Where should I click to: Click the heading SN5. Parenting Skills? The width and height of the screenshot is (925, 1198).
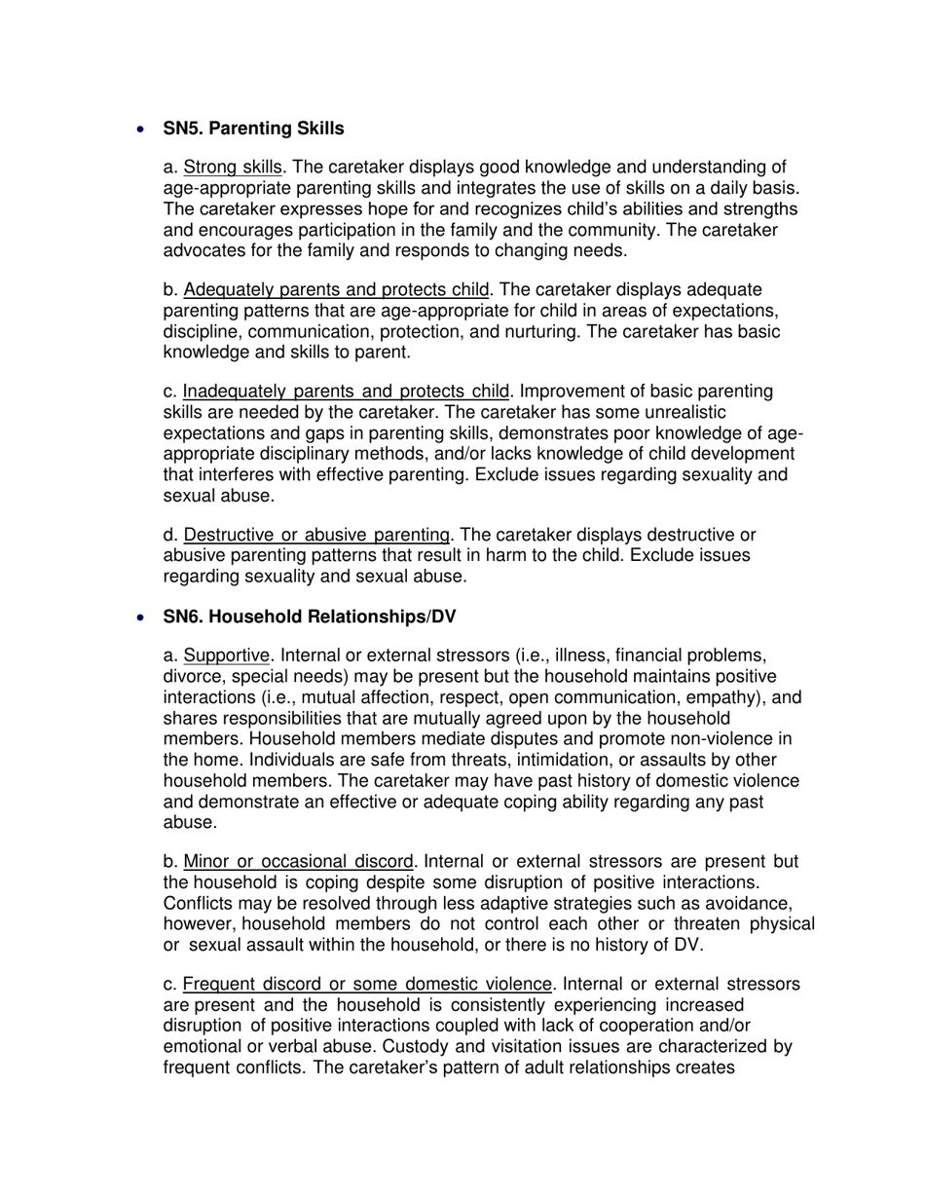point(253,129)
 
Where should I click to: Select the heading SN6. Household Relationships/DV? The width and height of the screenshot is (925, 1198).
point(309,618)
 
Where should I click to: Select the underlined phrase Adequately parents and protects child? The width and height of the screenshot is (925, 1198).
point(337,289)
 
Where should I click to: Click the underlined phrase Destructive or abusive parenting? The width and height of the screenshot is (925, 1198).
point(316,535)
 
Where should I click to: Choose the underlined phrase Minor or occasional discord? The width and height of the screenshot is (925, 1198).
point(299,862)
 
